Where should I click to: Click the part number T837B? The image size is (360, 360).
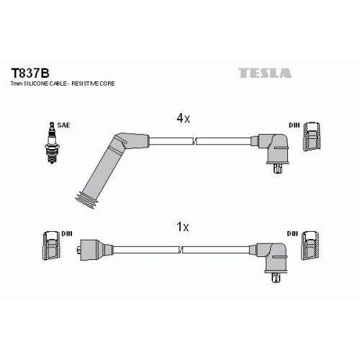pyautogui.click(x=30, y=73)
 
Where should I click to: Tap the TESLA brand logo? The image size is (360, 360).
pyautogui.click(x=265, y=73)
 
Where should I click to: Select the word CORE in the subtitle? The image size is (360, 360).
pyautogui.click(x=107, y=84)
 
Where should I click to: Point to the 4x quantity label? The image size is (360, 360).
pyautogui.click(x=183, y=118)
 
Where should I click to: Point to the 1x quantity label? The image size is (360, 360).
pyautogui.click(x=183, y=227)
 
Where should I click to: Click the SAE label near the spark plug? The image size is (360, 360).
pyautogui.click(x=63, y=125)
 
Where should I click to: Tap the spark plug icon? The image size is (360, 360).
pyautogui.click(x=52, y=143)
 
